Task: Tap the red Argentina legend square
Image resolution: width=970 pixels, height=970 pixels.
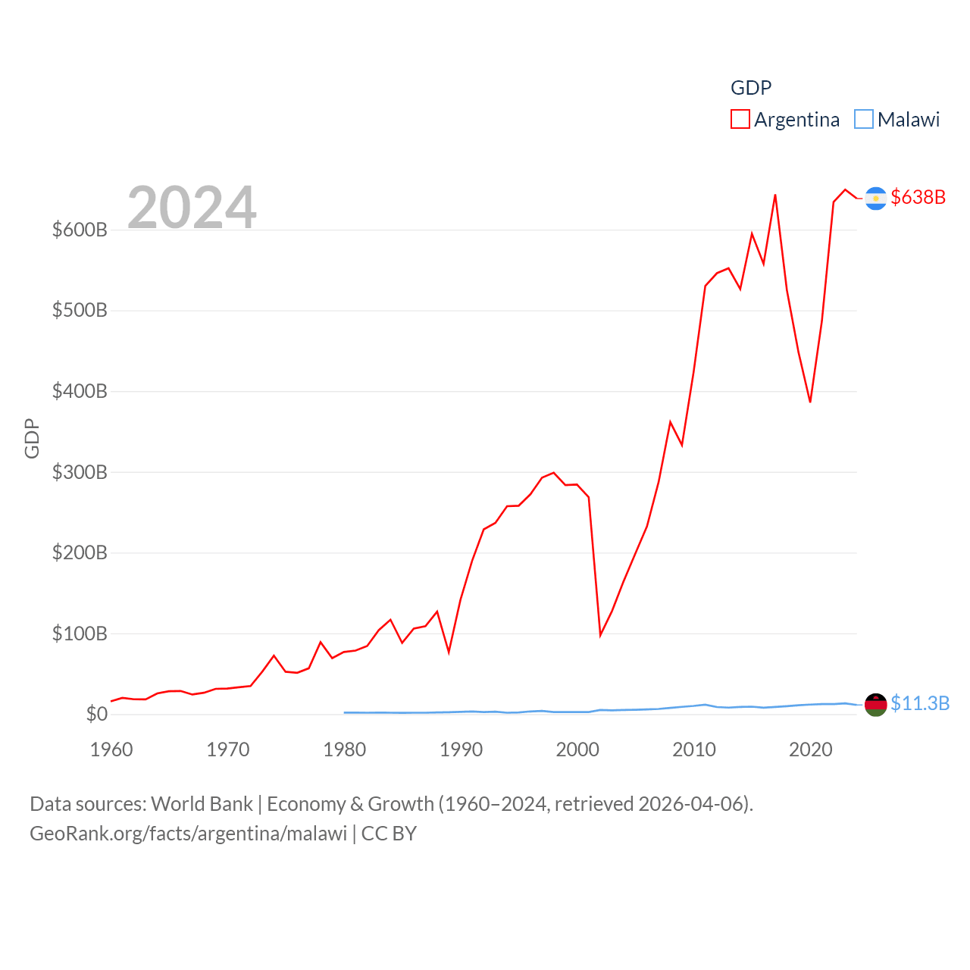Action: pos(740,119)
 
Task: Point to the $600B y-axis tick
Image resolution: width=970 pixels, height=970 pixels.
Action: pos(80,230)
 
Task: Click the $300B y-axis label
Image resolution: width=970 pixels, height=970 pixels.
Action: pos(80,472)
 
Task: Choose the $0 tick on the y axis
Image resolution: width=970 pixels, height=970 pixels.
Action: pos(96,714)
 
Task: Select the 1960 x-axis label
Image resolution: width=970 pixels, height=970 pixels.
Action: pos(111,749)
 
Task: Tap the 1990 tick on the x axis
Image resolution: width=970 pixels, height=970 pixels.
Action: pos(461,749)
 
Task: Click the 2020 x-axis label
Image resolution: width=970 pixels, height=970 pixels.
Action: pos(810,749)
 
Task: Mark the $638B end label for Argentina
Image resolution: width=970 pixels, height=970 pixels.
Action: pos(918,197)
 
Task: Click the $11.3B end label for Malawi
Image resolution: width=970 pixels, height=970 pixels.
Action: pos(919,703)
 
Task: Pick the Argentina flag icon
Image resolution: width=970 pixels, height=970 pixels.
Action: pos(875,198)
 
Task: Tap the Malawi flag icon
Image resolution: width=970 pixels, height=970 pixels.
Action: pos(875,705)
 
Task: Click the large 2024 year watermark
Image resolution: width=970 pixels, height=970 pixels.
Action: pos(192,207)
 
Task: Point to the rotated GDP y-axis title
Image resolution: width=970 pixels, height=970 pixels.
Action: pos(32,438)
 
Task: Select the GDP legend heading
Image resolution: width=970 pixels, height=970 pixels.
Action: pos(750,88)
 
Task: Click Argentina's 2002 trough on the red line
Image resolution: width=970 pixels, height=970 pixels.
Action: pos(600,634)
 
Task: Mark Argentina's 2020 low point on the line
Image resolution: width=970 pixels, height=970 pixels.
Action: pos(810,402)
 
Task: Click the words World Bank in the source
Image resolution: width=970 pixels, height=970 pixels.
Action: pos(202,803)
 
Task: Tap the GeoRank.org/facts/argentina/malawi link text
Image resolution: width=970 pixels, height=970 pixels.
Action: pos(188,834)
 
